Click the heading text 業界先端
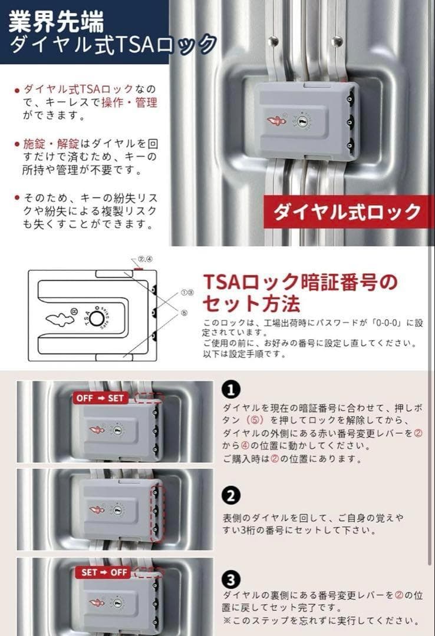coord(57,22)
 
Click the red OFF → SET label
coord(100,398)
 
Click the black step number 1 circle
coord(231,389)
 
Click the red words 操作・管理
coord(137,102)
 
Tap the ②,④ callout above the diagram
coord(145,259)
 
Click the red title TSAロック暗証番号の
coord(300,282)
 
